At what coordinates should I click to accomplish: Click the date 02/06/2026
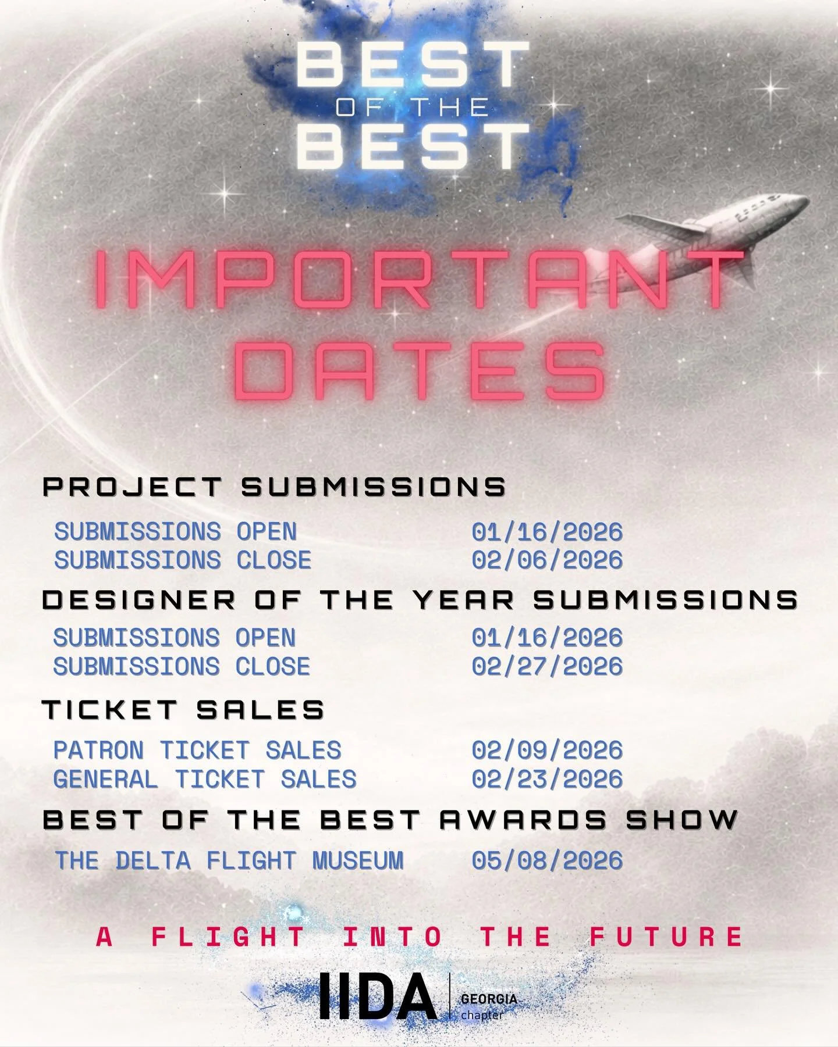tap(547, 560)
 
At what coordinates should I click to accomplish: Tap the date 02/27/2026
tap(547, 666)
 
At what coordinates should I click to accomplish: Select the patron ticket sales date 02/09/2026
tap(547, 751)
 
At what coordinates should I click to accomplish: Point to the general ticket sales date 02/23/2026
tap(547, 779)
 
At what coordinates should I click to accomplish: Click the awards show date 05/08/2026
tap(547, 860)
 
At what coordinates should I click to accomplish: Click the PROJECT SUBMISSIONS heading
tap(274, 487)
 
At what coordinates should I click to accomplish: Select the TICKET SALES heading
tap(183, 710)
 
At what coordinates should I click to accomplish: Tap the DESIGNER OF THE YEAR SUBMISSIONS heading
tap(420, 600)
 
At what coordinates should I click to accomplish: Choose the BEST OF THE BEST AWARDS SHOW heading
tap(390, 820)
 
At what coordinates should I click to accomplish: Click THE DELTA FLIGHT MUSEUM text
tap(229, 860)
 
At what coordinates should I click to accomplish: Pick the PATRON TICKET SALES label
tap(197, 751)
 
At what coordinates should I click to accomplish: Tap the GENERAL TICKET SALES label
tap(205, 779)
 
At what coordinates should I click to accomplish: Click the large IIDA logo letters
tap(378, 996)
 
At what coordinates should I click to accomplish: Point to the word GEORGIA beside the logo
tap(489, 999)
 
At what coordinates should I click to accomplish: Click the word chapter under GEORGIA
tap(482, 1015)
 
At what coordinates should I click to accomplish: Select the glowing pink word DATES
tap(420, 370)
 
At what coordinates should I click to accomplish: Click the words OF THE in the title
tap(413, 108)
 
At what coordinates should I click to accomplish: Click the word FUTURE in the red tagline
tap(667, 937)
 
